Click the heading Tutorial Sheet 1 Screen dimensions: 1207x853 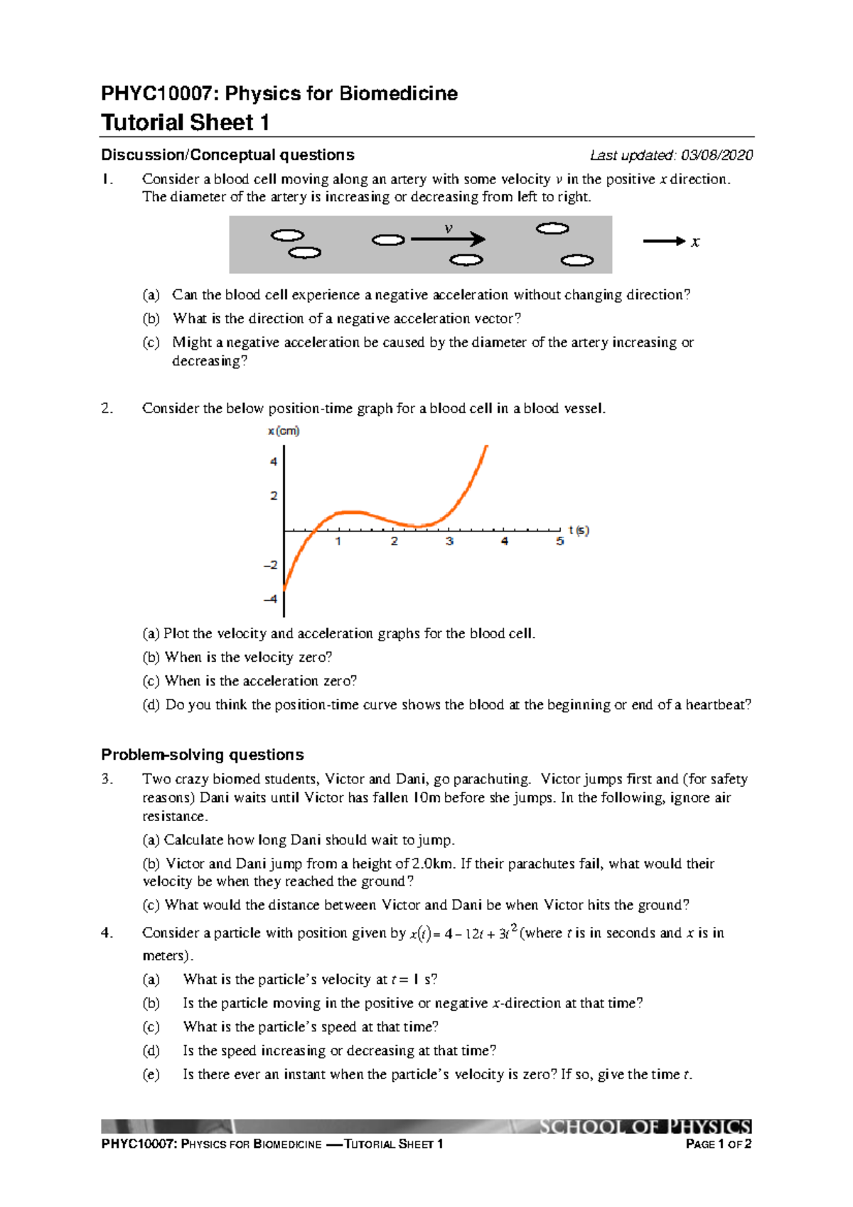[x=185, y=122]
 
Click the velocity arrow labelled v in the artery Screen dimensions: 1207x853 [x=448, y=239]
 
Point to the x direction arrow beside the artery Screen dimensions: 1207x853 [x=664, y=242]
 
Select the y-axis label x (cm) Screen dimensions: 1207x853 [x=284, y=431]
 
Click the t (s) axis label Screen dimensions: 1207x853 [x=579, y=530]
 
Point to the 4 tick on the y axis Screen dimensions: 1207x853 [x=274, y=461]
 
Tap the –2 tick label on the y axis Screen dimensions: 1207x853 [x=270, y=565]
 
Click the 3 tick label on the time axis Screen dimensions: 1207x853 [x=449, y=542]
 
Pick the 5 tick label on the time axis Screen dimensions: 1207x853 [x=560, y=542]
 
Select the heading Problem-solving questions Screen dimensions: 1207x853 [x=202, y=754]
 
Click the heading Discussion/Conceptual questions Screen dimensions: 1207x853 [x=227, y=155]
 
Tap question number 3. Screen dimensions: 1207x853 [x=107, y=779]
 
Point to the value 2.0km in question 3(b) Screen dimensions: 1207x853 [x=432, y=864]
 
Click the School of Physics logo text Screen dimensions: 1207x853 [x=644, y=1127]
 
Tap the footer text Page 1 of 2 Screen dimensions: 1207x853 [x=718, y=1144]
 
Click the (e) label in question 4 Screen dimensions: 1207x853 [x=151, y=1074]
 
